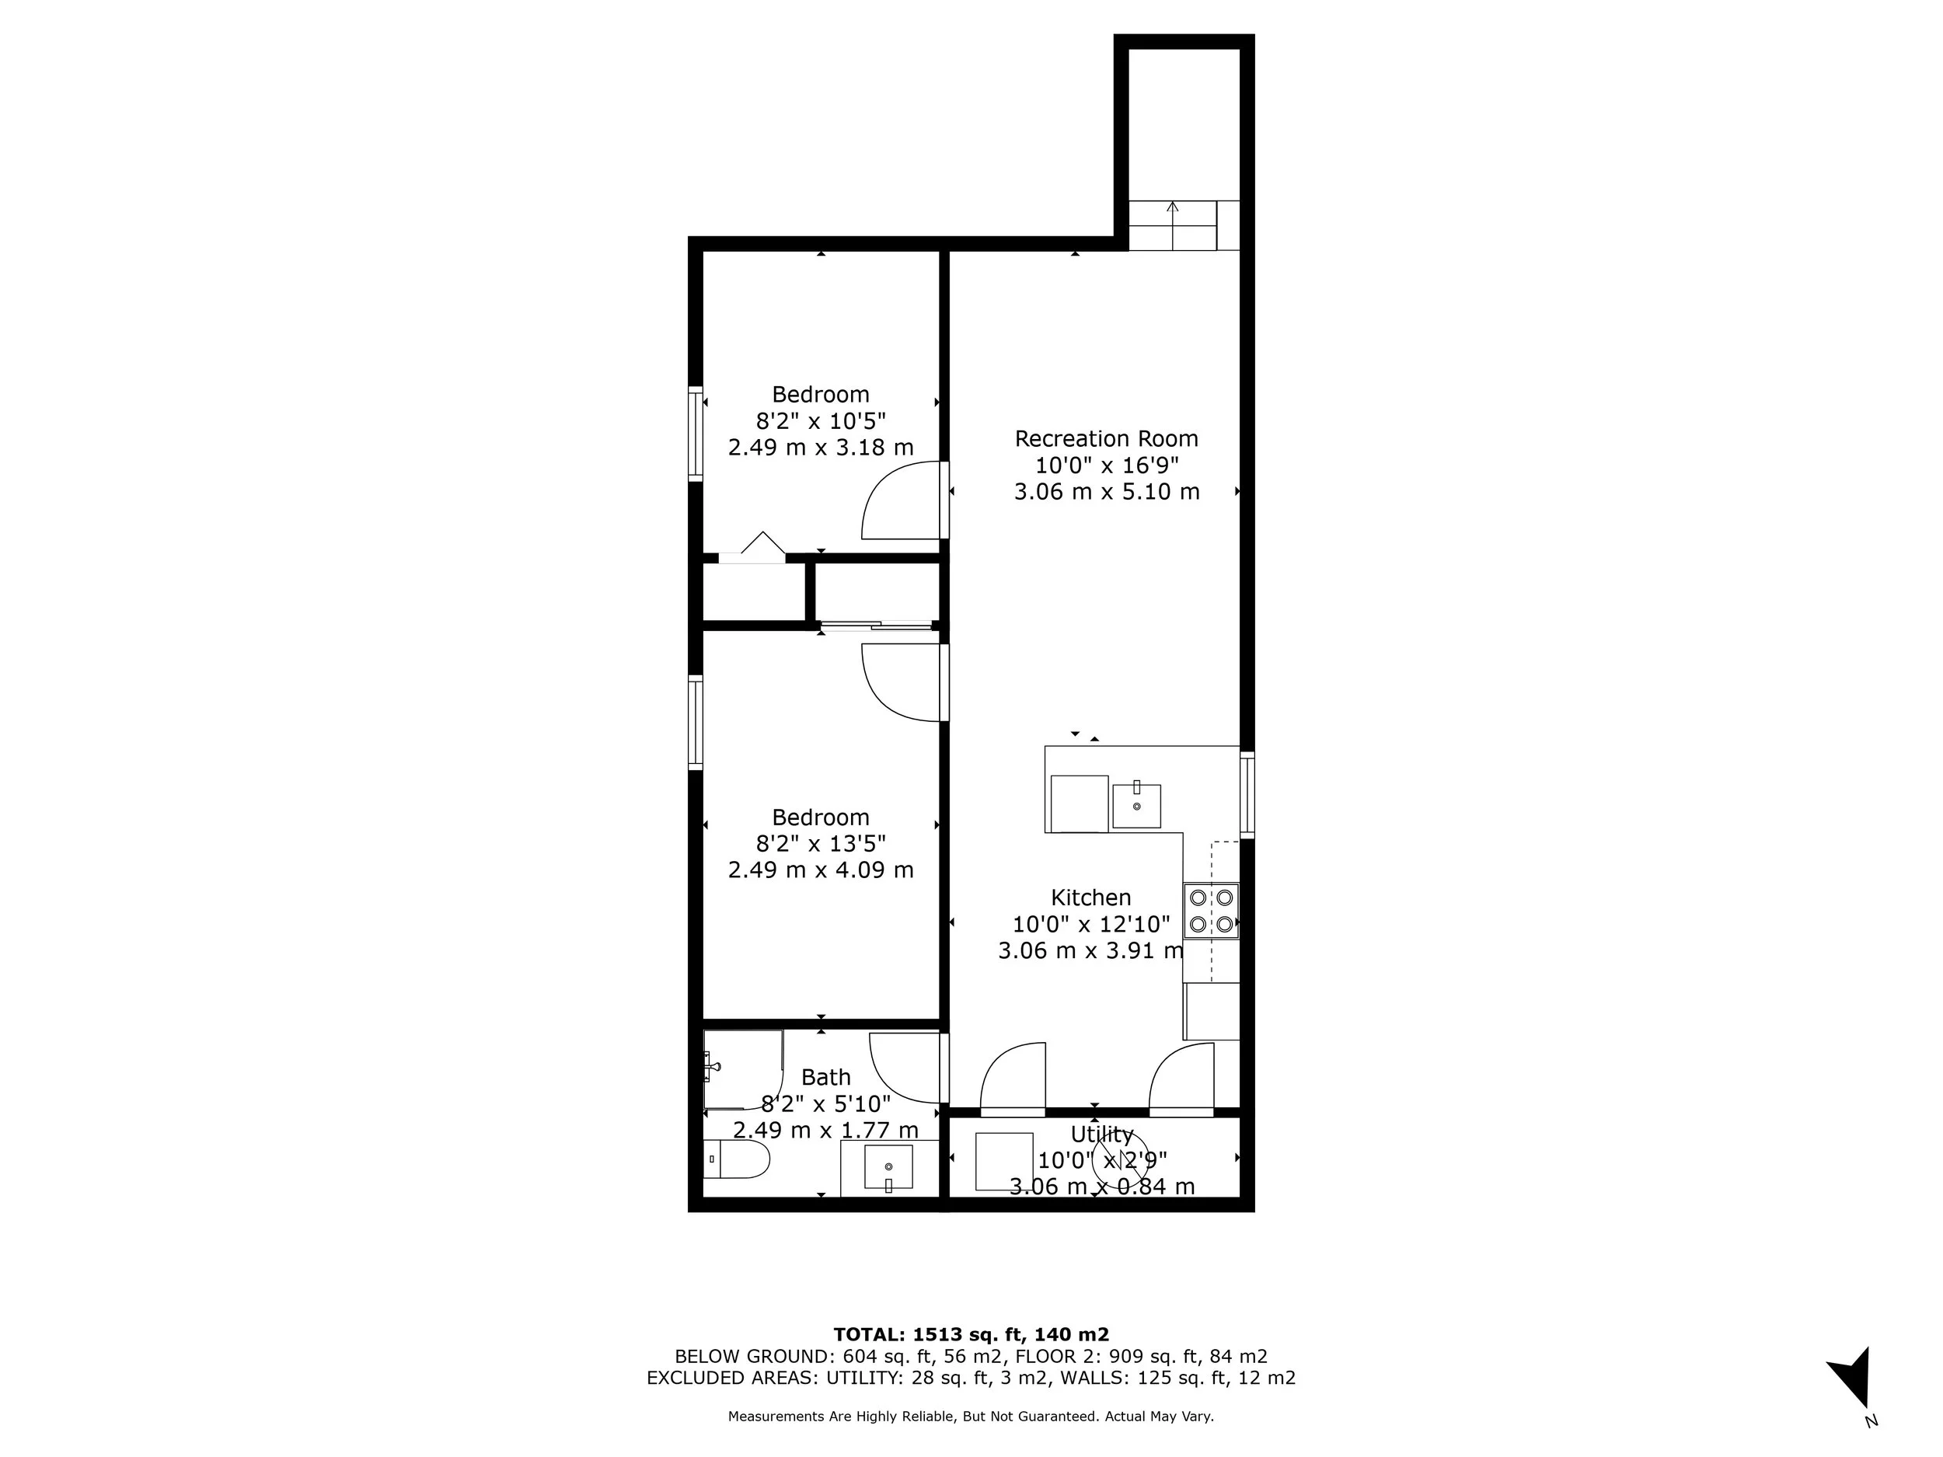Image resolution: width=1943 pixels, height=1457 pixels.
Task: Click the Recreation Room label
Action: pyautogui.click(x=1106, y=438)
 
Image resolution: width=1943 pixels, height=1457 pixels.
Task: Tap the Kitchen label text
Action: pyautogui.click(x=1091, y=898)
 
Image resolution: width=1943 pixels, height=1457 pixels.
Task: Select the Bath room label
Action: pyautogui.click(x=825, y=1077)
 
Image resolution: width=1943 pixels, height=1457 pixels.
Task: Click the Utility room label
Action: pyautogui.click(x=1101, y=1134)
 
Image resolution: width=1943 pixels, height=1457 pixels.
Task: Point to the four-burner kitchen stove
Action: pyautogui.click(x=1210, y=911)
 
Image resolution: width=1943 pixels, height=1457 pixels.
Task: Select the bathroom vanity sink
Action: pyautogui.click(x=888, y=1167)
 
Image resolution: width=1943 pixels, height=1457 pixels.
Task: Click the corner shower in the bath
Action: pyautogui.click(x=741, y=1068)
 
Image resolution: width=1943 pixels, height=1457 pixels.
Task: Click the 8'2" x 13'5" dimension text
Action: pyautogui.click(x=821, y=844)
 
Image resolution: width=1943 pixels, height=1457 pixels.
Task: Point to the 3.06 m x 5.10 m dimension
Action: pyautogui.click(x=1106, y=492)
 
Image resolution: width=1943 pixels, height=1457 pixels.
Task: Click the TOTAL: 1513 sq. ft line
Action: pyautogui.click(x=971, y=1335)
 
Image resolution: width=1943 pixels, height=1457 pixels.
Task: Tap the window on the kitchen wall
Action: pyautogui.click(x=1247, y=794)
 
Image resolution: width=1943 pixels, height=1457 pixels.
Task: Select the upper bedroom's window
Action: pyautogui.click(x=696, y=434)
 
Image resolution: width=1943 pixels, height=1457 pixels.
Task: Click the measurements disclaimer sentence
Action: pyautogui.click(x=971, y=1416)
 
